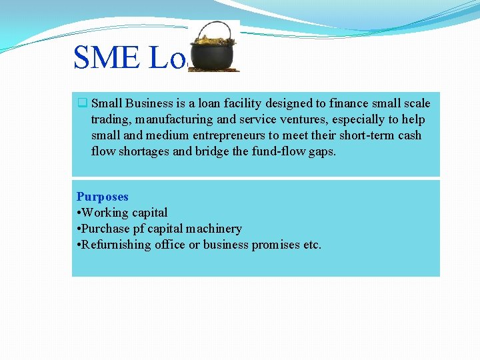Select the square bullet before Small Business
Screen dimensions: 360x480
click(82, 103)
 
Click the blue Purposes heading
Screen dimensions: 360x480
click(102, 197)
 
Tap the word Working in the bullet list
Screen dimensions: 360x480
click(105, 213)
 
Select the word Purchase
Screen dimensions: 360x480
click(106, 229)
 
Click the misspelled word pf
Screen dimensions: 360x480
click(140, 229)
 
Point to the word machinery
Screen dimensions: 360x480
click(216, 229)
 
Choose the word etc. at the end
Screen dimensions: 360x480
click(312, 245)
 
